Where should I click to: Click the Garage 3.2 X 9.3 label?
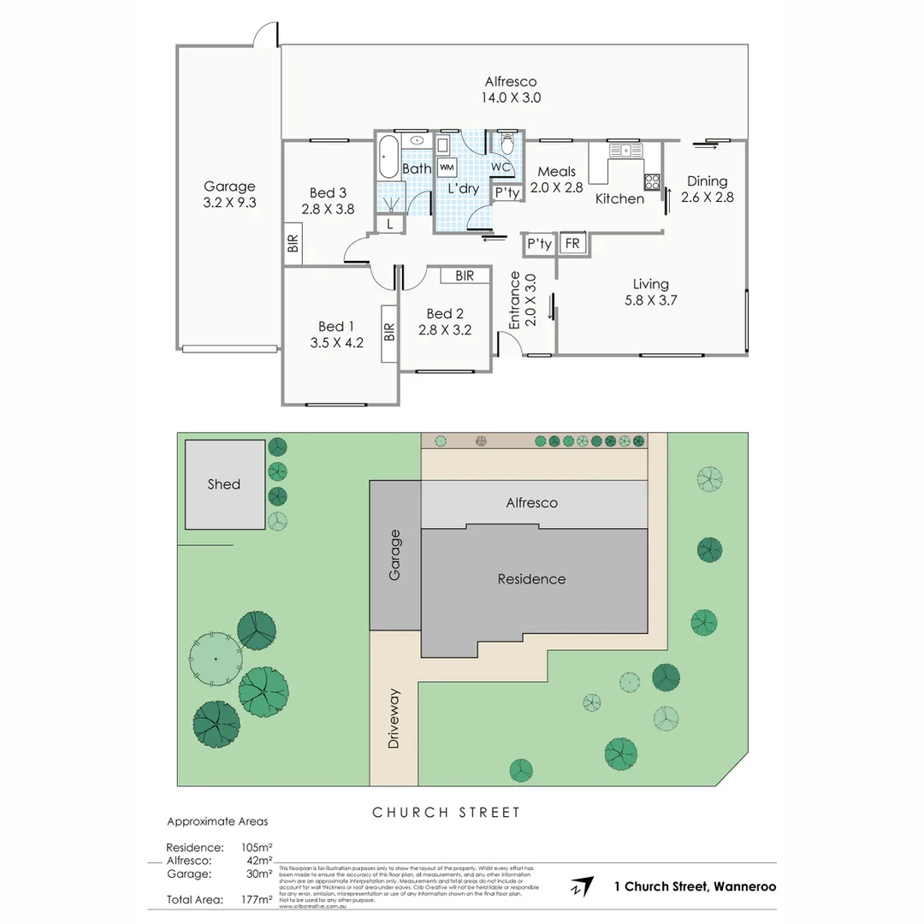click(229, 195)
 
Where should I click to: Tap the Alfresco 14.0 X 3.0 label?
click(511, 89)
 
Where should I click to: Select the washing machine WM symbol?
click(447, 167)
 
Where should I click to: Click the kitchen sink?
click(626, 151)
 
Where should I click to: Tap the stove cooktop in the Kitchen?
click(652, 181)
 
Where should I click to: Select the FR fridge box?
click(572, 244)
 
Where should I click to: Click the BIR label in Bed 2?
click(465, 275)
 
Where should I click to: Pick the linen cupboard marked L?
click(390, 224)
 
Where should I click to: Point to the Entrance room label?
click(515, 300)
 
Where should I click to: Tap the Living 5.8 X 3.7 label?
click(650, 293)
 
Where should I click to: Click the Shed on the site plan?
click(225, 485)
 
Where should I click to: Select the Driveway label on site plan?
click(394, 719)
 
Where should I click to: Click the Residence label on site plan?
click(531, 579)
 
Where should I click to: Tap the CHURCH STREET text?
click(446, 812)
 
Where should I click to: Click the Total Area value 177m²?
click(257, 899)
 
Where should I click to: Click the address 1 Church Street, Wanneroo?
click(695, 886)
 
